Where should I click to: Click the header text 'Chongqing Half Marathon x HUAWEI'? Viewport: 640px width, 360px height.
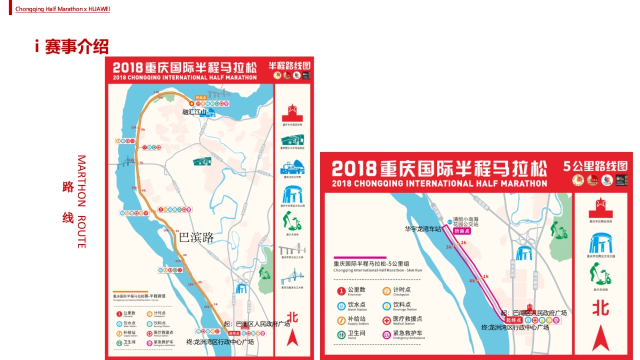[62, 9]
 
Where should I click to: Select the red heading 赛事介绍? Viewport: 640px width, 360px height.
[77, 47]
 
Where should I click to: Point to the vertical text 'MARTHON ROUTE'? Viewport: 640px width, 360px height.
[81, 202]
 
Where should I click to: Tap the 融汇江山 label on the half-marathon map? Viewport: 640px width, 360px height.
[194, 112]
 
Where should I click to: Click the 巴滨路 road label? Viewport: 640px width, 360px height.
[196, 237]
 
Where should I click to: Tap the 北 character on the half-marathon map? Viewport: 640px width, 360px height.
[292, 316]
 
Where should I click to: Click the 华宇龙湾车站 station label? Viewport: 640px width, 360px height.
[423, 229]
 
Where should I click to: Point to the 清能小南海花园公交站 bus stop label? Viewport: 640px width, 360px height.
[466, 222]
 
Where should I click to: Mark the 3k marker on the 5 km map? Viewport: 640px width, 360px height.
[449, 247]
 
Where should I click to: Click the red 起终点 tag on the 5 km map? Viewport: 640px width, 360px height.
[513, 320]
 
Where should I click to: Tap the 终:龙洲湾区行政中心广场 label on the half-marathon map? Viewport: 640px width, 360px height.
[220, 342]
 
